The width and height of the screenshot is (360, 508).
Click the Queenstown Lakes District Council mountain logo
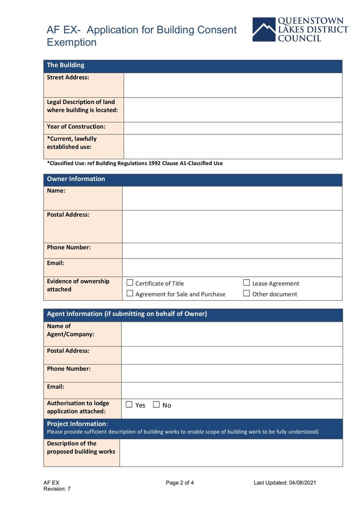[264, 30]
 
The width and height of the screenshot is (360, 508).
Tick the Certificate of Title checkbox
[130, 283]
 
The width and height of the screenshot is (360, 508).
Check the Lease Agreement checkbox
[247, 283]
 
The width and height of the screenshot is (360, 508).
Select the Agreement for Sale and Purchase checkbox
[130, 294]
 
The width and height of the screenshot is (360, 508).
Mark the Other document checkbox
[247, 294]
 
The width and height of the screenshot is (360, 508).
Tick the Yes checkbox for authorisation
[130, 405]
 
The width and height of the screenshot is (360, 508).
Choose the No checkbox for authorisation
[157, 405]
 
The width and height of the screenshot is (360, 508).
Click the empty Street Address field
[233, 85]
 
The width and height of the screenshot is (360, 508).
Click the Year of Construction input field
[233, 128]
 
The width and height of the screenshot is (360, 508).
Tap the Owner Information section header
[76, 179]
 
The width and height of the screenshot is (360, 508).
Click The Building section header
[66, 65]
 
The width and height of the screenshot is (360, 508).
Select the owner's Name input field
[232, 198]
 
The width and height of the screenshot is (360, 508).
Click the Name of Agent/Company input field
[231, 334]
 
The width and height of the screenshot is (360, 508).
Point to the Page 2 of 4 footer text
[180, 483]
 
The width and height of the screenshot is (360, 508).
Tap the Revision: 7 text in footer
[57, 489]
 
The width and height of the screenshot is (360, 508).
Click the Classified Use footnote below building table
[135, 163]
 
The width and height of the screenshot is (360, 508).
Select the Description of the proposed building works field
[231, 453]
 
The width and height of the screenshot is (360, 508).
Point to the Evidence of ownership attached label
[78, 285]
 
